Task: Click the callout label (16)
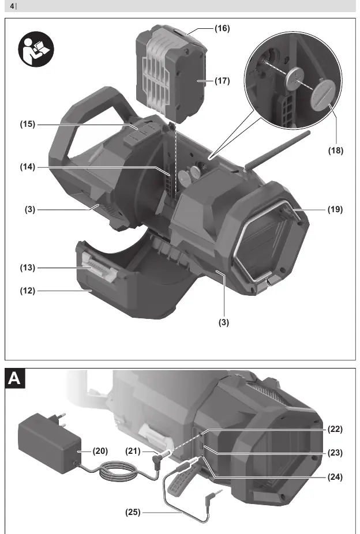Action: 222,28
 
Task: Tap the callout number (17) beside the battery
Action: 222,81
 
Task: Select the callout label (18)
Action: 335,151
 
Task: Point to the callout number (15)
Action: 28,125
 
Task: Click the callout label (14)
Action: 28,167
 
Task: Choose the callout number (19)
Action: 335,209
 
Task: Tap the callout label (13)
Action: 28,268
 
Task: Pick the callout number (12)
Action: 28,291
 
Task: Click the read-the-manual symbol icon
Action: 36,49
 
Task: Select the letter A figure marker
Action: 14,378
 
